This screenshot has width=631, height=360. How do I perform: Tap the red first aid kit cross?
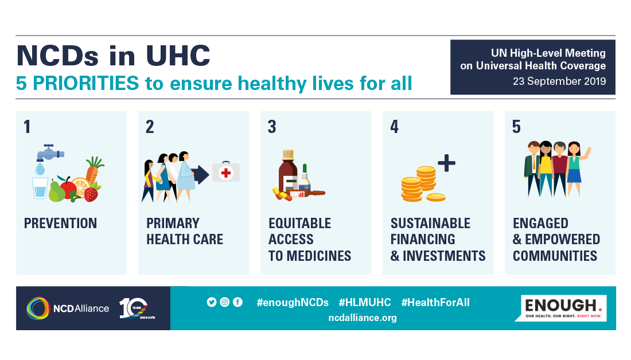(x=226, y=173)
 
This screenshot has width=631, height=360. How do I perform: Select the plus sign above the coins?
(x=446, y=163)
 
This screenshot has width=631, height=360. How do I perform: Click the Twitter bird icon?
(x=212, y=302)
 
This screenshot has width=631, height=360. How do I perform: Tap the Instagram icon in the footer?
(x=224, y=302)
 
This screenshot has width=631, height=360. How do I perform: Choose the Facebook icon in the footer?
(x=238, y=302)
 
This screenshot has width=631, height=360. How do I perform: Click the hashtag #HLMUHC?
(x=365, y=303)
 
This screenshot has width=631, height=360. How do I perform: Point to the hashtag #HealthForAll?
(x=435, y=303)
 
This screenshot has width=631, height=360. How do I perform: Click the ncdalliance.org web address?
(x=363, y=318)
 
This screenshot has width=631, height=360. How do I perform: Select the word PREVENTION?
(x=60, y=223)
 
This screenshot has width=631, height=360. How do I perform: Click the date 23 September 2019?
(x=559, y=81)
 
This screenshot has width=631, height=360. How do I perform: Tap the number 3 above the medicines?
(x=272, y=127)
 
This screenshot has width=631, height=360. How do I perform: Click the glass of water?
(x=40, y=188)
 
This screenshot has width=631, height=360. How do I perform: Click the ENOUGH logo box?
(x=561, y=308)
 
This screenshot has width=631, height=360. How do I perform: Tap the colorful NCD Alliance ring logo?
(x=38, y=308)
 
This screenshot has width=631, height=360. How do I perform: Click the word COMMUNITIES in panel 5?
(x=555, y=256)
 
